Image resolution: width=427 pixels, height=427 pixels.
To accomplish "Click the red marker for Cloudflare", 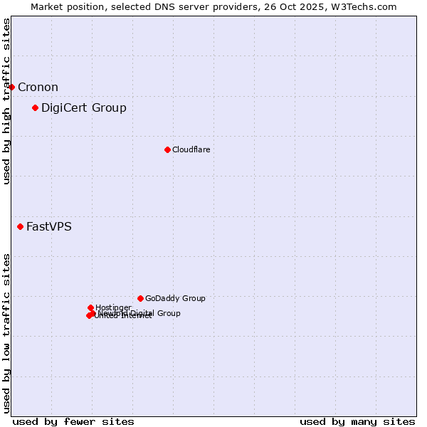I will coord(167,149).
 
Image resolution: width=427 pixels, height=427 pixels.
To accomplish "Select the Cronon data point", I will coord(11,87).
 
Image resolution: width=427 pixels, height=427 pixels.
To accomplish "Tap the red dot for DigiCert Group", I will coord(35,107).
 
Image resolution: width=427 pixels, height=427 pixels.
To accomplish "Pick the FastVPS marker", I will coord(20,226).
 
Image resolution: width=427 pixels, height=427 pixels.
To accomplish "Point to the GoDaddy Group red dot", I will coord(140,298).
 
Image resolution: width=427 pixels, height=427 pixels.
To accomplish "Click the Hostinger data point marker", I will coord(90,307).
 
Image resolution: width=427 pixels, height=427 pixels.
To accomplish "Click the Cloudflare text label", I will coord(191,149).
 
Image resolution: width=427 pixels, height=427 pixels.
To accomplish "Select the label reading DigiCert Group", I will coord(84,107).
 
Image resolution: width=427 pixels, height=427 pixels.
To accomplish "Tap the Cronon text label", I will coord(38,87).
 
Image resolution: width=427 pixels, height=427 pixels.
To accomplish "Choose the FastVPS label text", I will coord(49,226).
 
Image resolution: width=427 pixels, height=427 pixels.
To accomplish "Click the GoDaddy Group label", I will coord(175,298).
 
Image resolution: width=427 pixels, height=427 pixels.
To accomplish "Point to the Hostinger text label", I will coord(113,307).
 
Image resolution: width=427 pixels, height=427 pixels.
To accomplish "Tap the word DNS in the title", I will coord(176,7).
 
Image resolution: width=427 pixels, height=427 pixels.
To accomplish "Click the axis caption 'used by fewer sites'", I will coord(73,421).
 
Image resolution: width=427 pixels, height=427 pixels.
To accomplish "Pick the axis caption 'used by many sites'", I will coord(357,421).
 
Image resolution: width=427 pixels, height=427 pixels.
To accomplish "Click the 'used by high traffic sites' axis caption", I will coord(6,101).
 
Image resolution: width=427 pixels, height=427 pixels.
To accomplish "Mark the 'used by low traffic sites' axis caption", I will coord(6,332).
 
